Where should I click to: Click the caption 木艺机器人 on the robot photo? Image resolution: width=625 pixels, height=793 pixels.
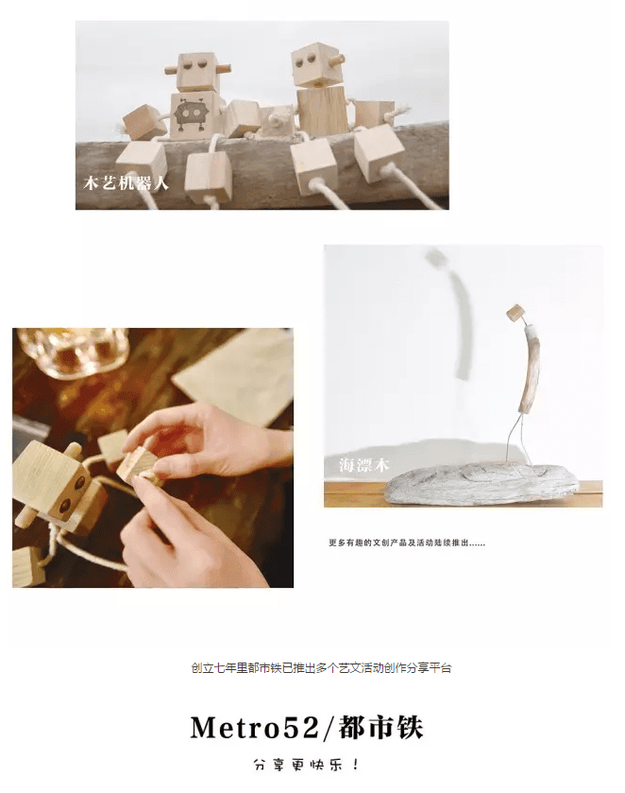pyautogui.click(x=126, y=182)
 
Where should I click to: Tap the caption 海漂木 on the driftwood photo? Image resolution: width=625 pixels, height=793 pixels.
pyautogui.click(x=363, y=464)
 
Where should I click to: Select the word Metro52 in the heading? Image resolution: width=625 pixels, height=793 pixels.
pyautogui.click(x=255, y=728)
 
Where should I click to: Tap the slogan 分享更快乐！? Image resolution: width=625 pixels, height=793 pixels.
pyautogui.click(x=307, y=765)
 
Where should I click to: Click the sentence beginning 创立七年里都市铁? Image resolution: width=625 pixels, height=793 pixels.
pyautogui.click(x=321, y=667)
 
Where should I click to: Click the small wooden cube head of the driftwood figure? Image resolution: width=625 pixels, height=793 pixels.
pyautogui.click(x=515, y=312)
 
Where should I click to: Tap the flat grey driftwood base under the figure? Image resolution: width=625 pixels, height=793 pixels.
pyautogui.click(x=481, y=483)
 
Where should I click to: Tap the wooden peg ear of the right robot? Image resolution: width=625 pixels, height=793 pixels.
pyautogui.click(x=337, y=60)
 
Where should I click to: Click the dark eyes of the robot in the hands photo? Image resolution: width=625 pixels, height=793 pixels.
pyautogui.click(x=71, y=495)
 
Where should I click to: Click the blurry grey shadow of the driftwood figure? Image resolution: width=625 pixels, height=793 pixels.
pyautogui.click(x=455, y=313)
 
